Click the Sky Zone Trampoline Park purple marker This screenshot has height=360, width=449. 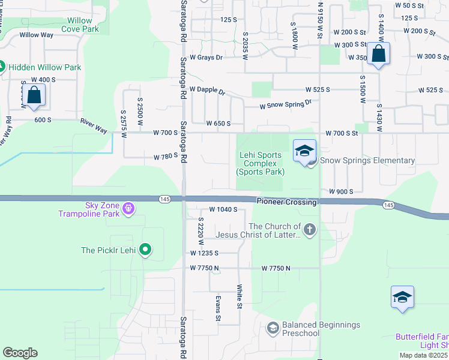coord(128,209)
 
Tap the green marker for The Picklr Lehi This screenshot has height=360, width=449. coord(145,250)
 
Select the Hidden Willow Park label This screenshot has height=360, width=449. coord(44,67)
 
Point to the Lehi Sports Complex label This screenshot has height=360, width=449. coord(261,163)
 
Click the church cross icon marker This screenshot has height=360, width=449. coord(309,229)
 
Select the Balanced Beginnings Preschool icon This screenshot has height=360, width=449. coord(273,328)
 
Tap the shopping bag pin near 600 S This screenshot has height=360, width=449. coord(34,95)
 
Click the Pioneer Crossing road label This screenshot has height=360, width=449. coord(286,202)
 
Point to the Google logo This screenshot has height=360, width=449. coord(20,352)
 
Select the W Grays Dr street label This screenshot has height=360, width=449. coord(206,58)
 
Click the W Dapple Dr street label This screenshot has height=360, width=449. coord(207,90)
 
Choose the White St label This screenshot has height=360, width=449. coord(239,296)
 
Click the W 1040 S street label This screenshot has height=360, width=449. coord(224,209)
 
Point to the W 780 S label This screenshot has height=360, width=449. coord(165,157)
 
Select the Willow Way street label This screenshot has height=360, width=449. coord(37,35)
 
